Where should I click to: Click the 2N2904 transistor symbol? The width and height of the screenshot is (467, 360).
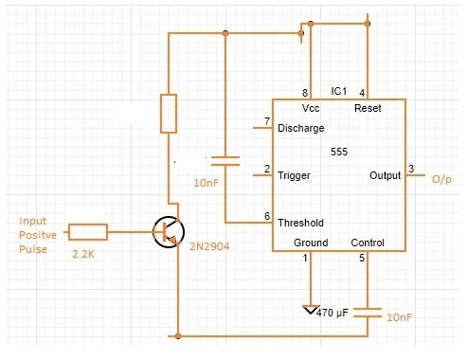pyautogui.click(x=170, y=231)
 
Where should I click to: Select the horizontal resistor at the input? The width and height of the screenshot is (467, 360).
pyautogui.click(x=88, y=230)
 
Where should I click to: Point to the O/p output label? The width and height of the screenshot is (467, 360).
pyautogui.click(x=442, y=179)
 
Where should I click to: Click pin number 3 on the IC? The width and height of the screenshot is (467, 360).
pyautogui.click(x=410, y=169)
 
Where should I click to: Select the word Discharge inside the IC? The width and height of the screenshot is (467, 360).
pyautogui.click(x=301, y=128)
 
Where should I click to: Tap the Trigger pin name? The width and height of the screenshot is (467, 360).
pyautogui.click(x=294, y=175)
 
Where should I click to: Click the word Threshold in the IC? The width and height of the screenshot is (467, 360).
pyautogui.click(x=300, y=224)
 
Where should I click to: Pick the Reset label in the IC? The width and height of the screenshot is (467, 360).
pyautogui.click(x=368, y=109)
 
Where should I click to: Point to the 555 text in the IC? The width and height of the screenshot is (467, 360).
pyautogui.click(x=339, y=152)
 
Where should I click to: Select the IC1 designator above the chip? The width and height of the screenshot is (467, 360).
pyautogui.click(x=339, y=91)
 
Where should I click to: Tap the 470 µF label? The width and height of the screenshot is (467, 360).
pyautogui.click(x=334, y=313)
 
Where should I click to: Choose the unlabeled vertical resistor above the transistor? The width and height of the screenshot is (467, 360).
pyautogui.click(x=169, y=113)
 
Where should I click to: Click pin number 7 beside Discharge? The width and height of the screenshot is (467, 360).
pyautogui.click(x=266, y=121)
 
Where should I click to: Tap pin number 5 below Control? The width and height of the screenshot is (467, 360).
pyautogui.click(x=361, y=258)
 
